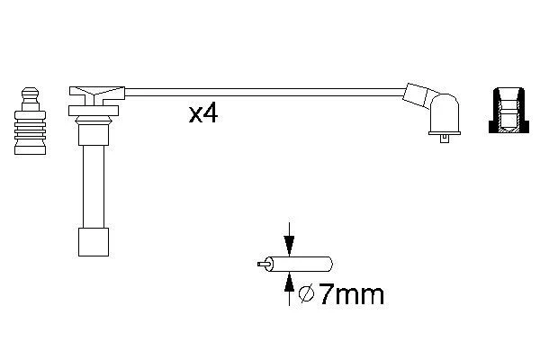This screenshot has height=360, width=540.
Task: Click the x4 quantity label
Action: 203,114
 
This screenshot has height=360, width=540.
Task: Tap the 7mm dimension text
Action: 351,294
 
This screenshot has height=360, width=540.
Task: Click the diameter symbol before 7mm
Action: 307,294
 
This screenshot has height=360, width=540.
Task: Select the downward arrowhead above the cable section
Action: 289,246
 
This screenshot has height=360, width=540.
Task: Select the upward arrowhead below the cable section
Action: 289,282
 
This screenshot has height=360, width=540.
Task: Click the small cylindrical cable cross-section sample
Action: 299,265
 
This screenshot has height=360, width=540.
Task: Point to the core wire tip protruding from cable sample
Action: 262,265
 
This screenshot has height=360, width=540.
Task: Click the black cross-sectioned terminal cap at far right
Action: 509,111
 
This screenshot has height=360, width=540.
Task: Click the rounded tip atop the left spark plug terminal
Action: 30,92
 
